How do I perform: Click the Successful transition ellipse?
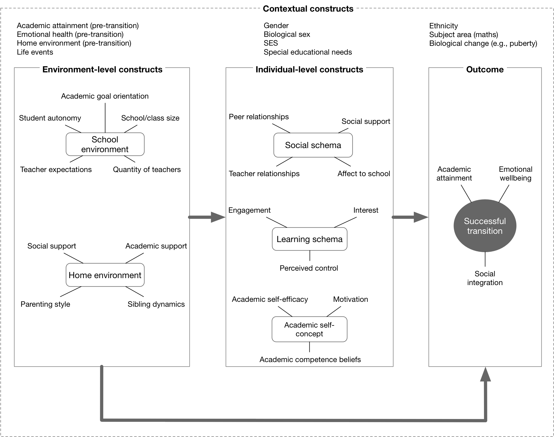pos(485,226)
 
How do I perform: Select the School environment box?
pos(105,144)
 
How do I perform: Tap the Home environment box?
pos(105,275)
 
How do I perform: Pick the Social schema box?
pos(313,145)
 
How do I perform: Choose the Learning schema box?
pos(310,239)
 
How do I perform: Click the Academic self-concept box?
pos(309,329)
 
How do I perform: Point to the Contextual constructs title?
pos(308,9)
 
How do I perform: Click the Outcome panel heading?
pos(485,70)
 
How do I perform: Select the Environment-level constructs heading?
pos(102,70)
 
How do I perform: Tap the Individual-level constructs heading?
pos(309,70)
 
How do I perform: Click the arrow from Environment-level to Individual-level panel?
pos(207,217)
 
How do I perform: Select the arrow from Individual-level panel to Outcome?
pos(410,217)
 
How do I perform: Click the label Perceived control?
pos(309,268)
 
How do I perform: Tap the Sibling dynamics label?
pos(156,304)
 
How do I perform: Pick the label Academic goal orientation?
pos(105,96)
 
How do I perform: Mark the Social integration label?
pos(485,278)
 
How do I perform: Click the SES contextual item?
pos(271,43)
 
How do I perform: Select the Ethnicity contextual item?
pos(444,26)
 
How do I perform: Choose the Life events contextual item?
pos(35,52)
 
